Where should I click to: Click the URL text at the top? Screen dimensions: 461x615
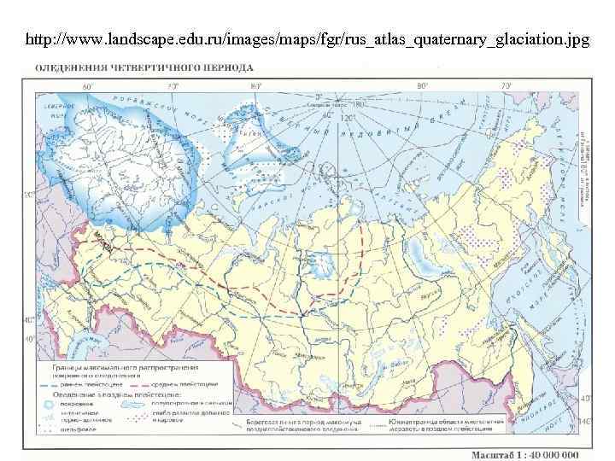point(307,40)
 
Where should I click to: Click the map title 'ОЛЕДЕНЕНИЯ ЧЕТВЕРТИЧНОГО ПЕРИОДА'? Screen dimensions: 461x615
point(143,67)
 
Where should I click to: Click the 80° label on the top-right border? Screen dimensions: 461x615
point(421,86)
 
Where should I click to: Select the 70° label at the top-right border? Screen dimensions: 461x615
point(506,86)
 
